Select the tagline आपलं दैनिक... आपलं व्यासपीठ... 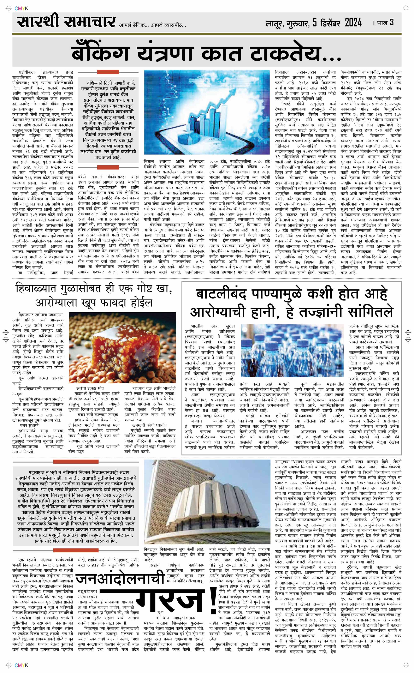tap(153, 25)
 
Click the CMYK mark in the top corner tap(21, 8)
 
